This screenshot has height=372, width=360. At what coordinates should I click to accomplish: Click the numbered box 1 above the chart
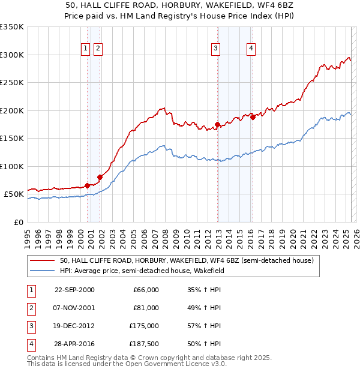[x=85, y=49]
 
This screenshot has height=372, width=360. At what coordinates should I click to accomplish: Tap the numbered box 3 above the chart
[x=215, y=49]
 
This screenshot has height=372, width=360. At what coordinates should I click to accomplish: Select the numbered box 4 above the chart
[x=251, y=49]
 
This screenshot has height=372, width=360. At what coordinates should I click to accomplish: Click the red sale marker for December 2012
[x=217, y=124]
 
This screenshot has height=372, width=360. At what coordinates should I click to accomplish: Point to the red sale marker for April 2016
[x=253, y=118]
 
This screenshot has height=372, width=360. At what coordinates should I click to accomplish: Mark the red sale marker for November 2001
[x=100, y=177]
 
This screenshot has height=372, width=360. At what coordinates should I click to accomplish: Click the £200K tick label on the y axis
[x=12, y=110]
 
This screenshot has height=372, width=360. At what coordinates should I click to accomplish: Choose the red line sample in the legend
[x=42, y=260]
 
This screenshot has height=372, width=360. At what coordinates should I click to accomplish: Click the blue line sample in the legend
[x=42, y=271]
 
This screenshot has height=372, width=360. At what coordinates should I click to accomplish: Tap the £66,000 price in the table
[x=146, y=289]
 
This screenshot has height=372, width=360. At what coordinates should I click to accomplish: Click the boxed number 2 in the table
[x=30, y=308]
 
